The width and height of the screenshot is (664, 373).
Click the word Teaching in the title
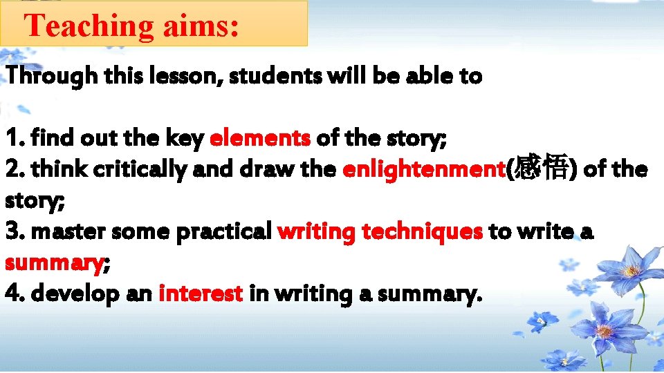89,26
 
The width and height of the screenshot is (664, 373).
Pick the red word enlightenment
424,169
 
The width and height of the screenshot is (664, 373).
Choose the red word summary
53,263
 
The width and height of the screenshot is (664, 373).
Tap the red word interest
201,294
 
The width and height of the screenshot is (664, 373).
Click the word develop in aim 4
72,295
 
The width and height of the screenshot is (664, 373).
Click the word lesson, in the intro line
183,77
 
